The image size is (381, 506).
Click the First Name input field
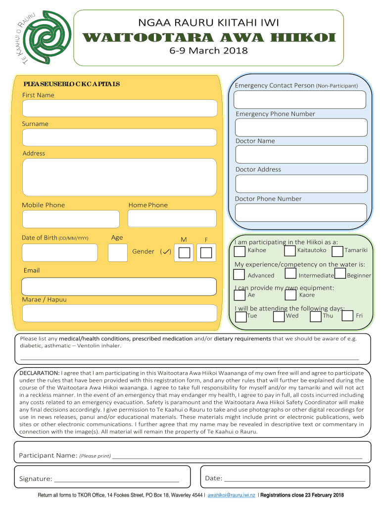(119, 108)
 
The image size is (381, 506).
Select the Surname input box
(119, 137)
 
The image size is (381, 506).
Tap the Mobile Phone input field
(71, 219)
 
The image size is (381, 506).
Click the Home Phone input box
(172, 219)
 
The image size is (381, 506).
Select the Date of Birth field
(60, 253)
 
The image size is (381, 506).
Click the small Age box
(118, 253)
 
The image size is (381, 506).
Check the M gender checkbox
(184, 253)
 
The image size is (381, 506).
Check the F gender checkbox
(206, 253)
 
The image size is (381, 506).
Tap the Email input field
(119, 287)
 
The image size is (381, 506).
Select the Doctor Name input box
(301, 154)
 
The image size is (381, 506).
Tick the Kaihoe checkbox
(239, 251)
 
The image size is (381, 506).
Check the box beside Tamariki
(337, 251)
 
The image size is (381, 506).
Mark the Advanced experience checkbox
(239, 274)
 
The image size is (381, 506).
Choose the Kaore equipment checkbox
(291, 295)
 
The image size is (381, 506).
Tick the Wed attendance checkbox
(279, 316)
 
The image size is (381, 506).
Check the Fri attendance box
(348, 316)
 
